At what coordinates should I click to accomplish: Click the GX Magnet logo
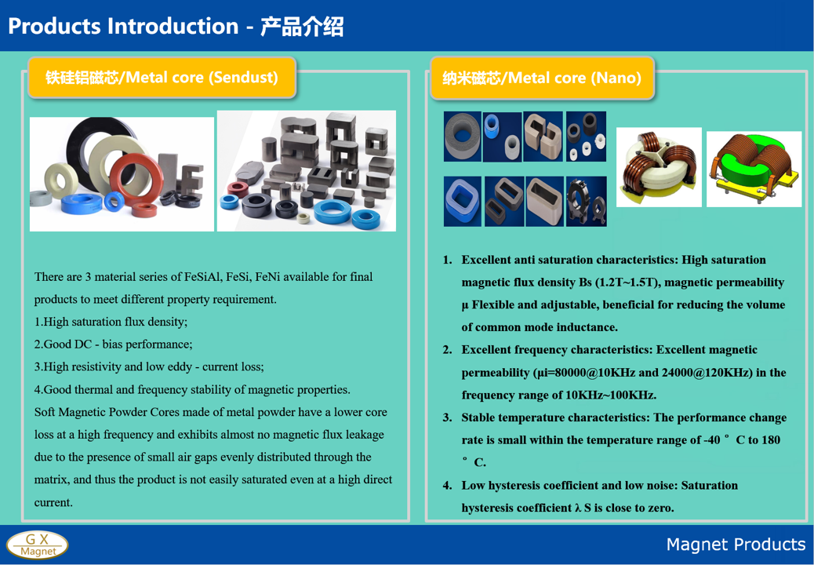pos(38,545)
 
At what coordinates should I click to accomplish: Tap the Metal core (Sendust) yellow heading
pos(162,78)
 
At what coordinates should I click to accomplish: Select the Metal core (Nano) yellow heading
pos(542,78)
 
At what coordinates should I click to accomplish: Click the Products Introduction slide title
pos(176,26)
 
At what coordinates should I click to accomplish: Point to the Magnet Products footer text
pos(736,545)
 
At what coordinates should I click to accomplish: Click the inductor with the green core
pos(754,169)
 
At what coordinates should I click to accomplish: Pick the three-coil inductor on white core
pos(659,167)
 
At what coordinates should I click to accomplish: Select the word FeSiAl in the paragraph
pos(202,277)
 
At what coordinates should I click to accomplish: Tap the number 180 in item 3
pos(771,440)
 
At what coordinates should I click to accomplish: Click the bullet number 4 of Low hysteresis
pos(447,486)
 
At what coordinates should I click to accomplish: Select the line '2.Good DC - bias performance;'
pos(113,344)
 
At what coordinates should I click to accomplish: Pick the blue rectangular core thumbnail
pos(463,201)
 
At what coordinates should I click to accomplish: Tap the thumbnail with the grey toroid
pos(463,136)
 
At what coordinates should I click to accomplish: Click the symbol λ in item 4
pos(578,508)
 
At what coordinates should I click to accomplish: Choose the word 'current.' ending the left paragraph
pos(53,503)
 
